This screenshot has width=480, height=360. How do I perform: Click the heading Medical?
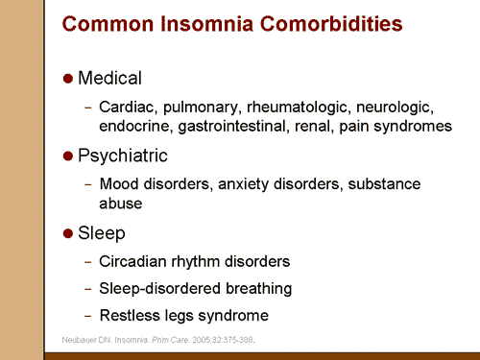[109, 78]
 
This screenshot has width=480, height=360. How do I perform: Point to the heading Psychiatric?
[123, 155]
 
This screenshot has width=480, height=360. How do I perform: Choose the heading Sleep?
[101, 232]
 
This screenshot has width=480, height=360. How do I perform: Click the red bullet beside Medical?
[67, 78]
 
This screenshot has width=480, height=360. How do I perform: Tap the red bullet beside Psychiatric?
[67, 156]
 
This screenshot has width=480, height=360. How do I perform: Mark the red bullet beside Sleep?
[67, 233]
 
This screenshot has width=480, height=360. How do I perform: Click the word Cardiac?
[124, 107]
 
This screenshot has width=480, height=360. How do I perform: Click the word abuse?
[119, 203]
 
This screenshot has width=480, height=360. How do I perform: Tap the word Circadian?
[132, 261]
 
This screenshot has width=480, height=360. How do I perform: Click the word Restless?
[128, 315]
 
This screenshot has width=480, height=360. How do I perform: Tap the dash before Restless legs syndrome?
[88, 315]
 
